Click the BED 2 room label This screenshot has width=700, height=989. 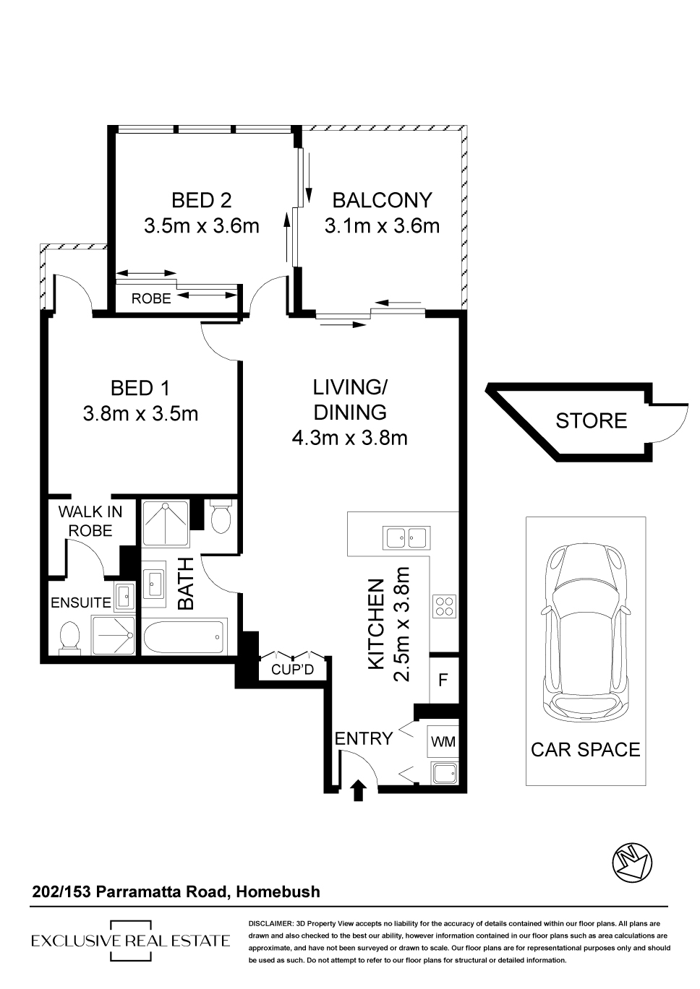[x=201, y=200]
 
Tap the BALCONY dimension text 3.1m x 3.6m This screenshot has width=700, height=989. [x=382, y=226]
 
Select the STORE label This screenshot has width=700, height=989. [x=591, y=420]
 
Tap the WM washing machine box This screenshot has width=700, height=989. [x=443, y=741]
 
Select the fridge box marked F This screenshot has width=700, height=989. [x=443, y=680]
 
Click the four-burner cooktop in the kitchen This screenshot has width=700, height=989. [x=444, y=606]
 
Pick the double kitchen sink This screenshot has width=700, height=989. [x=406, y=537]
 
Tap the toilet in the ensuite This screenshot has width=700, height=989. [x=69, y=636]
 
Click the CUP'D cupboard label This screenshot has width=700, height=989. [x=292, y=670]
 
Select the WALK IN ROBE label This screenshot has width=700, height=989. [x=90, y=521]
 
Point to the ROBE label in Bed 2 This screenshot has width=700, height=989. [x=151, y=298]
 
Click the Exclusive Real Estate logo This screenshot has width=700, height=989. [x=130, y=941]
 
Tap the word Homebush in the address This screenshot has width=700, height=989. [x=278, y=891]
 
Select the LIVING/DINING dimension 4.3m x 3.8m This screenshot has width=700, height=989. [x=349, y=438]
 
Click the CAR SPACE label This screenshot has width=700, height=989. [x=586, y=750]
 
